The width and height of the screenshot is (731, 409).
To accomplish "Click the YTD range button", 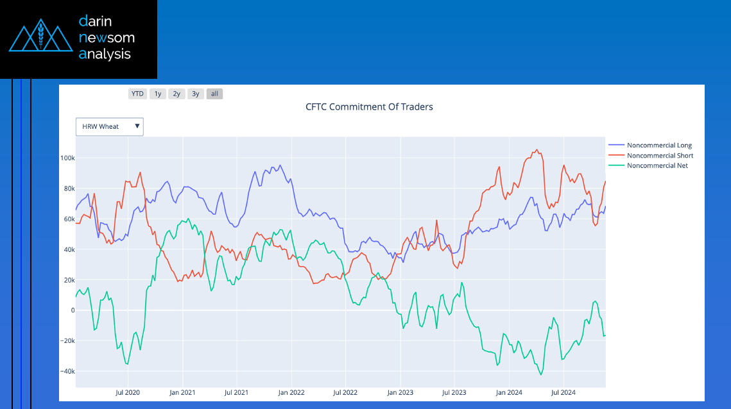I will point(137,94).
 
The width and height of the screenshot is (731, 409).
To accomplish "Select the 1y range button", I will point(157,94).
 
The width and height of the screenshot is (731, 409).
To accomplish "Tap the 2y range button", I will point(176,94).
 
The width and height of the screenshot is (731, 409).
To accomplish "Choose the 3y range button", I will point(196,94).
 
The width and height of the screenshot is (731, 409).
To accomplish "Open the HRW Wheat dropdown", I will point(110,127).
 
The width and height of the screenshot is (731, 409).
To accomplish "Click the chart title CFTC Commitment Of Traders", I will point(369,106).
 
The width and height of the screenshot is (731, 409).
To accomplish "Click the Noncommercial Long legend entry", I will point(659,146).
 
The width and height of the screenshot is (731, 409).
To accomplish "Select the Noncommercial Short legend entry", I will point(660,156).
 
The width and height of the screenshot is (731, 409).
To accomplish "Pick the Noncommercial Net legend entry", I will point(657,166).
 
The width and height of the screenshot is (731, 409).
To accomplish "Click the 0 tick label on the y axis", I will point(73,310).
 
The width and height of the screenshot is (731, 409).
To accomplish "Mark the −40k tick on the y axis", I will point(67,371).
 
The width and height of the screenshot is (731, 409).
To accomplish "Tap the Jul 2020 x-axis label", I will point(128,392).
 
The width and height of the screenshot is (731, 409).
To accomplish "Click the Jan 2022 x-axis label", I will point(291,392).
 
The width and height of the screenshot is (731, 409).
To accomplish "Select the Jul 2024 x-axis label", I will point(562,392).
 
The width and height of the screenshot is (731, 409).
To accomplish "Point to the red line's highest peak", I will point(537,150).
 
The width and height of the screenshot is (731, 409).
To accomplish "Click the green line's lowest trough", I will point(541,374).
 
